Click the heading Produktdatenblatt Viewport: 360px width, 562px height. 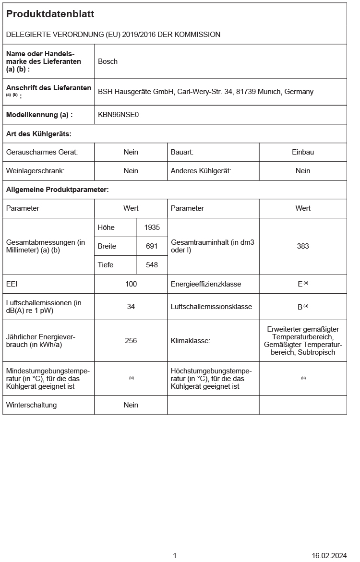point(50,14)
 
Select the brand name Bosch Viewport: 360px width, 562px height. point(108,61)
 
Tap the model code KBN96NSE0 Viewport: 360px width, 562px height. point(118,115)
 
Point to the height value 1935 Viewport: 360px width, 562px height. point(152,227)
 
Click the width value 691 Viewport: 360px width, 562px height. point(152,246)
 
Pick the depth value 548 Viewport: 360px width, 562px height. point(152,265)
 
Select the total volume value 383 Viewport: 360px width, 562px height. point(303,246)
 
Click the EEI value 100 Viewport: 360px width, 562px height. point(131,284)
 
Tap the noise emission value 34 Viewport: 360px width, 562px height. point(131,307)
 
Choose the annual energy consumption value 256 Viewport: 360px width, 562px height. point(131,341)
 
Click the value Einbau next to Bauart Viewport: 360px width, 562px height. point(303,152)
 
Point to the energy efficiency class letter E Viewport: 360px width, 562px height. point(300,284)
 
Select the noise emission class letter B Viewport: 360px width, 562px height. point(300,307)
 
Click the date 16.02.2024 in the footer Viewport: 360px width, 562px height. point(329,556)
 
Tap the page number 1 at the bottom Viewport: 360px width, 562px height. point(175,556)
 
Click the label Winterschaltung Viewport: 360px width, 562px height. point(32,405)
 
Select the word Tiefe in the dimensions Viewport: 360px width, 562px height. point(106,265)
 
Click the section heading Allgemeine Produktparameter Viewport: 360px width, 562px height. point(58,190)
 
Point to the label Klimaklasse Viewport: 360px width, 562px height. point(191,341)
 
